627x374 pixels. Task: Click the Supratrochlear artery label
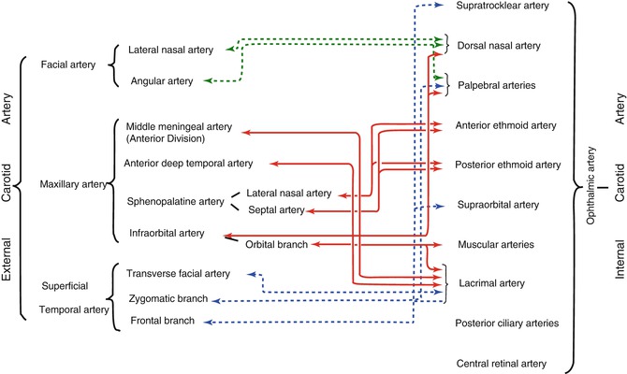[501, 7]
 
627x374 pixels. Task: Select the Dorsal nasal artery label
[502, 45]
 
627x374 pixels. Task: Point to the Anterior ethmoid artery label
[506, 125]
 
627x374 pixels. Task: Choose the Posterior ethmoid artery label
[507, 165]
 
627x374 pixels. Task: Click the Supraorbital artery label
[498, 204]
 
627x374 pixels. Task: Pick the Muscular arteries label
[496, 244]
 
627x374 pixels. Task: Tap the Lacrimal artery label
[491, 282]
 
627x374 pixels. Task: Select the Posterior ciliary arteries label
[506, 323]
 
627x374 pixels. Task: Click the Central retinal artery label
[500, 363]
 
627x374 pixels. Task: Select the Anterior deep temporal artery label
[191, 165]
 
